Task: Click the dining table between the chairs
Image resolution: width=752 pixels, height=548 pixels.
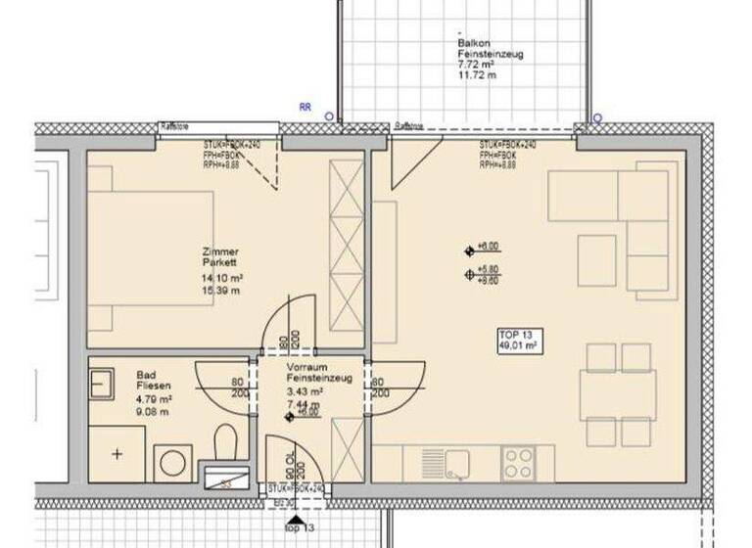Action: pos(604,395)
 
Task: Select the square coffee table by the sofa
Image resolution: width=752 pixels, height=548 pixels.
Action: pos(596,260)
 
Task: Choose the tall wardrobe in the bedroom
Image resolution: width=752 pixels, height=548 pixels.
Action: pos(346,247)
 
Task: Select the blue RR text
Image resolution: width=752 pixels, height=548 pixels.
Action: pos(306,109)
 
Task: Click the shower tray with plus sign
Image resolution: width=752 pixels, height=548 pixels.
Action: pos(117,454)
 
